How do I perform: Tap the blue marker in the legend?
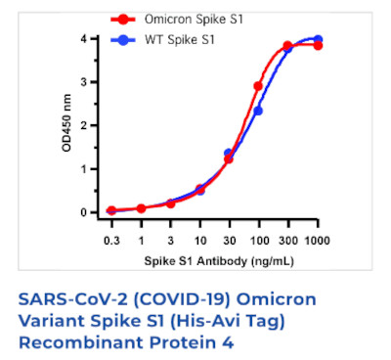[x=121, y=40]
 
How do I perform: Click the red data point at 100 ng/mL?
[x=258, y=86]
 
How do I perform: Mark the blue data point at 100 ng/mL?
[x=258, y=111]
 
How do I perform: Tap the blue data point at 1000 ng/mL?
[x=318, y=39]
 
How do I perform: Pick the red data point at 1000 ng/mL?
[x=318, y=46]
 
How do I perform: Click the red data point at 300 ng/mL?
[x=287, y=46]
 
